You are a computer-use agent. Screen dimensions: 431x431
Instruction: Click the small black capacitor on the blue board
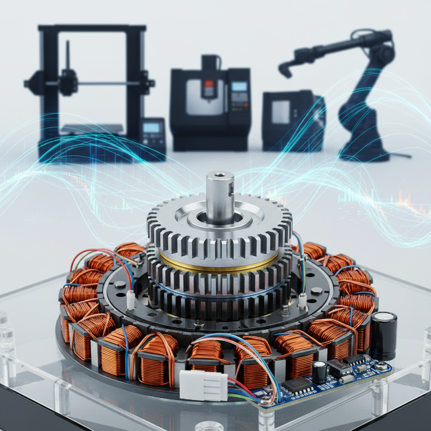coord(319,372)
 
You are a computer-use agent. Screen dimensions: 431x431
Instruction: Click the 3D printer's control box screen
coord(151,128)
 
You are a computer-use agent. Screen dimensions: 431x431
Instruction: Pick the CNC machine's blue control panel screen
coord(239,86)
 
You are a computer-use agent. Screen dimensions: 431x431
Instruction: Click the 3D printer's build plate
coord(92,129)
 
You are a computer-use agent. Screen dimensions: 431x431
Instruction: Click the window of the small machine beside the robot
coord(281,113)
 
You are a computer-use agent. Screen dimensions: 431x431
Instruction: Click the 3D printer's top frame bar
coord(92,28)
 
